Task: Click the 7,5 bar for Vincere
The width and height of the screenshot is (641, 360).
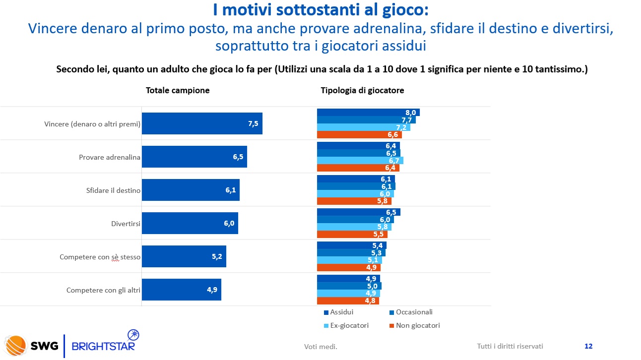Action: point(202,123)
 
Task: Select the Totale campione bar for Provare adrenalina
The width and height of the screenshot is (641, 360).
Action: point(194,157)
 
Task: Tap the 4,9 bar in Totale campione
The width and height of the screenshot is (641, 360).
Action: point(181,290)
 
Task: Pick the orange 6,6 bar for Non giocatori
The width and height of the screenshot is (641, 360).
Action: point(359,134)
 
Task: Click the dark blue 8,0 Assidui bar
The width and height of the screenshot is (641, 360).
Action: point(368,113)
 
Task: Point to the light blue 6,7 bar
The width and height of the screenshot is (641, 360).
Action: point(360,160)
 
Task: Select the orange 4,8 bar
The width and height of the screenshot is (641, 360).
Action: point(348,300)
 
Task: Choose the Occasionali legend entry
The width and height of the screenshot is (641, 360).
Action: point(411,312)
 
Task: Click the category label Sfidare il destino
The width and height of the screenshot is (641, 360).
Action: point(110,190)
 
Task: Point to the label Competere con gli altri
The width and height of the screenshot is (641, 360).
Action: point(103,290)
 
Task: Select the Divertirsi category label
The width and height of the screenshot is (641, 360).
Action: point(126,224)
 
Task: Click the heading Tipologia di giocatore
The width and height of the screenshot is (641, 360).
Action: point(362,90)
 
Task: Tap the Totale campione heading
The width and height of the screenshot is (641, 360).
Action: point(178,90)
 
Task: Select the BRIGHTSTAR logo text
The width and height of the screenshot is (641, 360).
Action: point(103,346)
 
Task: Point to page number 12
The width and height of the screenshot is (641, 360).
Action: point(588,346)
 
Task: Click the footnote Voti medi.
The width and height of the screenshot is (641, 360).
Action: point(320,347)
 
